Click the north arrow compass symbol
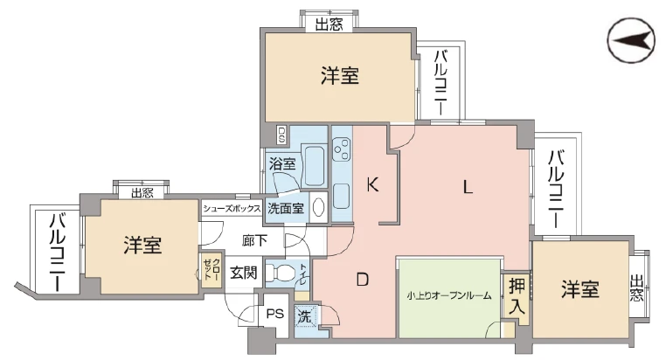631,41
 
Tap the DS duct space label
281,135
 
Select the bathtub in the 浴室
314,165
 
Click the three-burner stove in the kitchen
342,149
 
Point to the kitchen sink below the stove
342,196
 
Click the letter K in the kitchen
372,184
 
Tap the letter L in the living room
468,187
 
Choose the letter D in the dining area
363,280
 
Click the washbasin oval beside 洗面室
318,207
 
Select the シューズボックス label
232,209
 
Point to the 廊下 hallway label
255,240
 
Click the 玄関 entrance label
244,273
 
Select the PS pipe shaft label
274,315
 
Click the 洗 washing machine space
304,316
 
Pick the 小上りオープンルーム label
449,295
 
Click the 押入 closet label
517,296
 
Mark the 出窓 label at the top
329,24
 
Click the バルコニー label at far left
58,253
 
